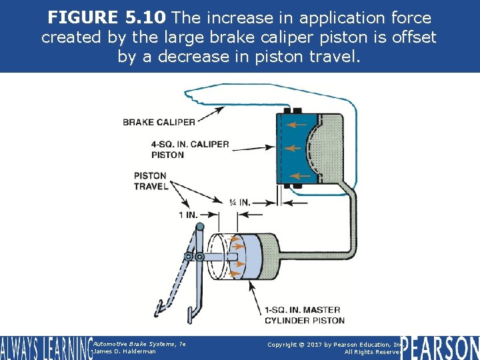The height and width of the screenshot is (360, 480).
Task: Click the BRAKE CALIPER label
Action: pyautogui.click(x=159, y=122)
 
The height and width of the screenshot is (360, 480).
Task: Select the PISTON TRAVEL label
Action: pyautogui.click(x=151, y=181)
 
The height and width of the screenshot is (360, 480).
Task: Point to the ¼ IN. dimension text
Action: pyautogui.click(x=239, y=202)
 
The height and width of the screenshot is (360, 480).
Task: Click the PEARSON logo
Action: pyautogui.click(x=439, y=347)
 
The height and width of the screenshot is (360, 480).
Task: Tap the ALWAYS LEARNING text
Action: pyautogui.click(x=45, y=347)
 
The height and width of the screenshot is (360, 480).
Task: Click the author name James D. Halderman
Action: pyautogui.click(x=125, y=351)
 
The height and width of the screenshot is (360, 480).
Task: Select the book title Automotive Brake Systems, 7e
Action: pyautogui.click(x=139, y=343)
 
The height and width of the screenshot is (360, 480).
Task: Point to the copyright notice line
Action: pyautogui.click(x=333, y=344)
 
